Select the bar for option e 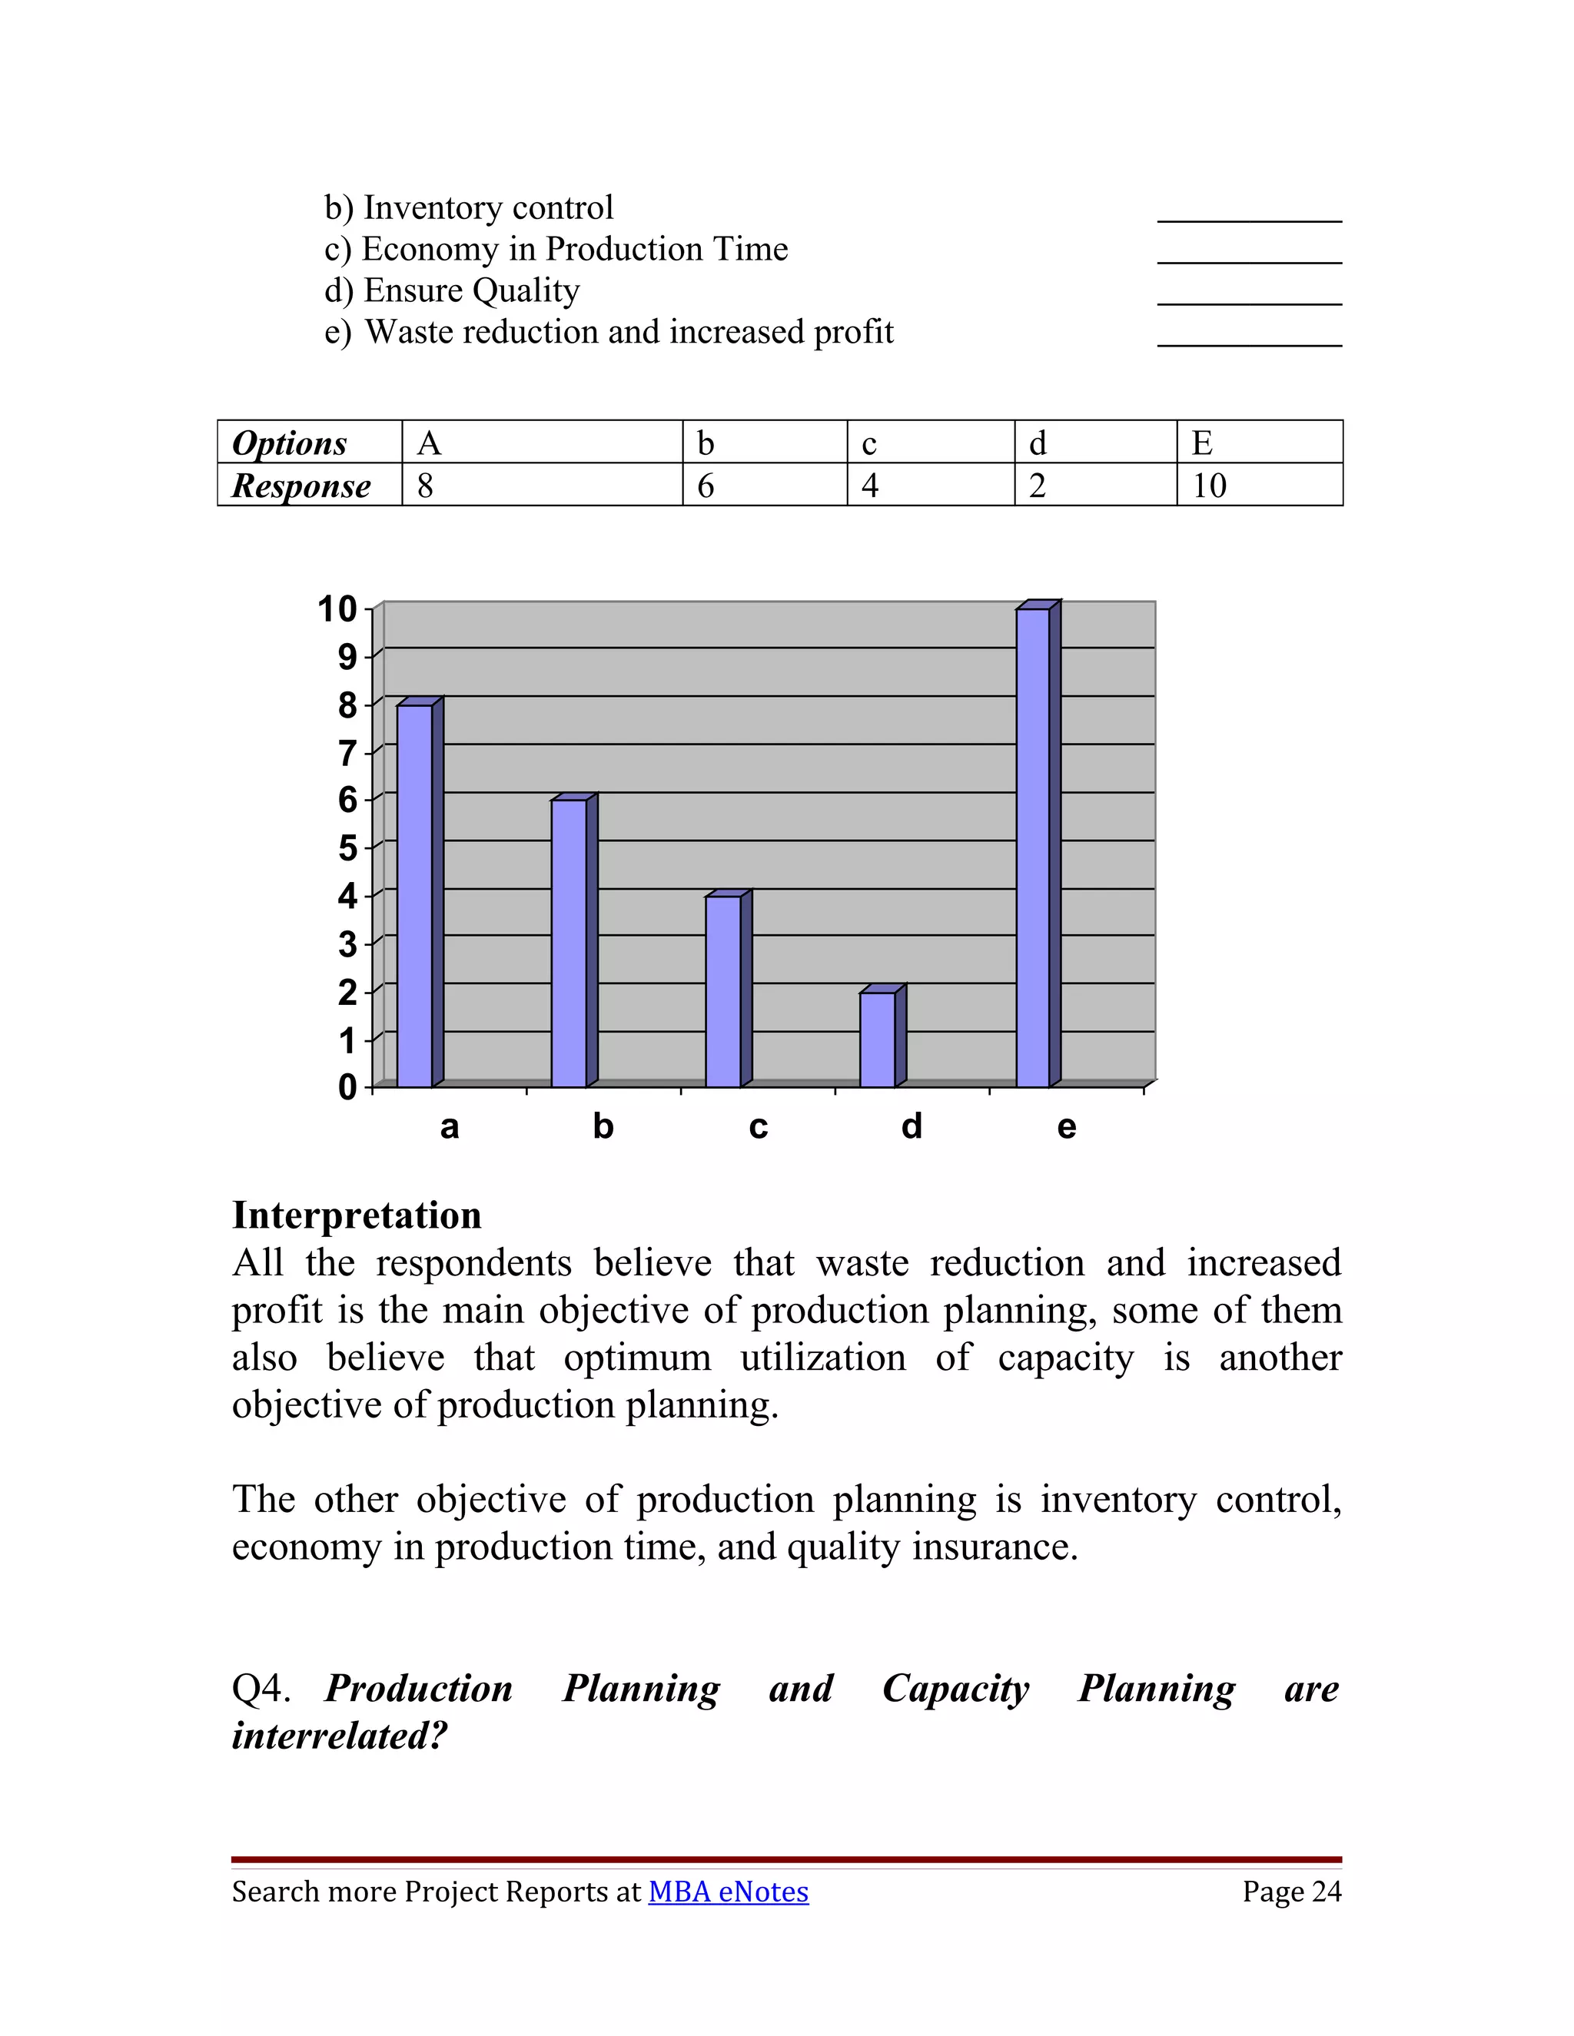1032,848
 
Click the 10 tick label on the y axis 337,610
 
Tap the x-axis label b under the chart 603,1127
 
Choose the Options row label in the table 289,443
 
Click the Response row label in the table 301,486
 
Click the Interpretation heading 356,1215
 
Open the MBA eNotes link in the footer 729,1892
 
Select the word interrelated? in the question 340,1736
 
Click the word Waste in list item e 402,332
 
